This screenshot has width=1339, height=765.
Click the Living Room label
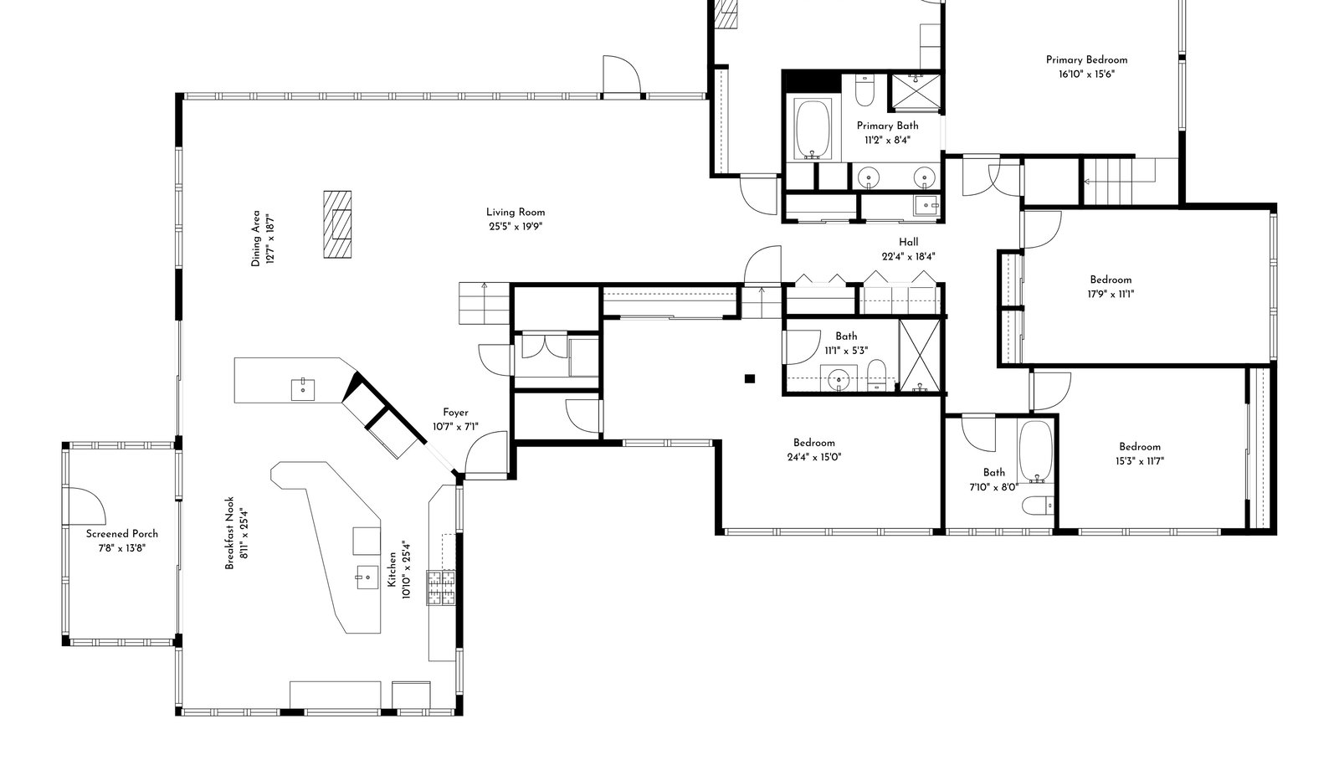(516, 212)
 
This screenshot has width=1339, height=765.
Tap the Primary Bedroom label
(1086, 59)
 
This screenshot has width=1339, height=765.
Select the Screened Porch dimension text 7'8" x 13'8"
(122, 548)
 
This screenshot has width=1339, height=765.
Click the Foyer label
(455, 413)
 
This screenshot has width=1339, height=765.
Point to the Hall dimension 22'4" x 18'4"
(908, 256)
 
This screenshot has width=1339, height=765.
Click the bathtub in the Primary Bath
(813, 129)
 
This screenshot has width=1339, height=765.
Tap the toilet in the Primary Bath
(865, 90)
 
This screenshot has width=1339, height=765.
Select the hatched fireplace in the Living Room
(338, 224)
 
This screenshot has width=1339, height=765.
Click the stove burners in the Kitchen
(440, 588)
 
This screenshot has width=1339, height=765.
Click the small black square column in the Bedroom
(750, 378)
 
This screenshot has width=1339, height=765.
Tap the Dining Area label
(256, 238)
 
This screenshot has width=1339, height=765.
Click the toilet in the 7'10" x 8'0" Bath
(1037, 506)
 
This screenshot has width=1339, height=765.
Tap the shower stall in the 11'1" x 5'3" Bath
(920, 356)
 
